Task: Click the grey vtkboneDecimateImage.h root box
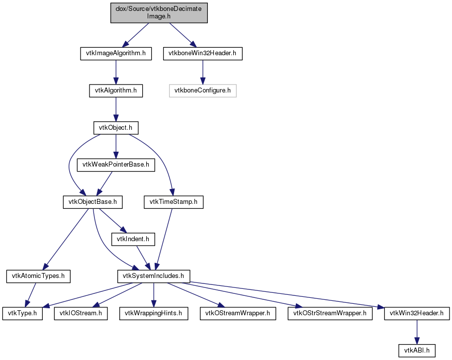click(x=159, y=13)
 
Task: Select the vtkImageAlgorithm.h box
click(x=116, y=54)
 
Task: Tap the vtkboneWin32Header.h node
click(x=203, y=54)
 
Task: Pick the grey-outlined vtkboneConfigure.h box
click(x=203, y=90)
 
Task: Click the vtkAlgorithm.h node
click(x=116, y=90)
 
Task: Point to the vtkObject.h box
click(x=116, y=128)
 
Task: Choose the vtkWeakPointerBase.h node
click(x=116, y=165)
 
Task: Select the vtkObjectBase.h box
click(x=93, y=202)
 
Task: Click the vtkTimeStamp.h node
click(x=174, y=202)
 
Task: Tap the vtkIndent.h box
click(x=133, y=239)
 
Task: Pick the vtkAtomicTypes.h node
click(x=38, y=276)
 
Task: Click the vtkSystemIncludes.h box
click(x=154, y=276)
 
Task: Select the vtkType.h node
click(x=22, y=313)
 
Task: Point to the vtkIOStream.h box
click(x=81, y=313)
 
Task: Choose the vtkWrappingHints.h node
click(x=154, y=313)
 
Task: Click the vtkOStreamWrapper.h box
click(x=238, y=313)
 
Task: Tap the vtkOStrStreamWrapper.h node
click(x=330, y=313)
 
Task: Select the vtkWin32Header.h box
click(x=417, y=313)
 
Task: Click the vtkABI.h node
click(x=417, y=351)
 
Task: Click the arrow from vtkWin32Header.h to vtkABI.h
click(x=417, y=332)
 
